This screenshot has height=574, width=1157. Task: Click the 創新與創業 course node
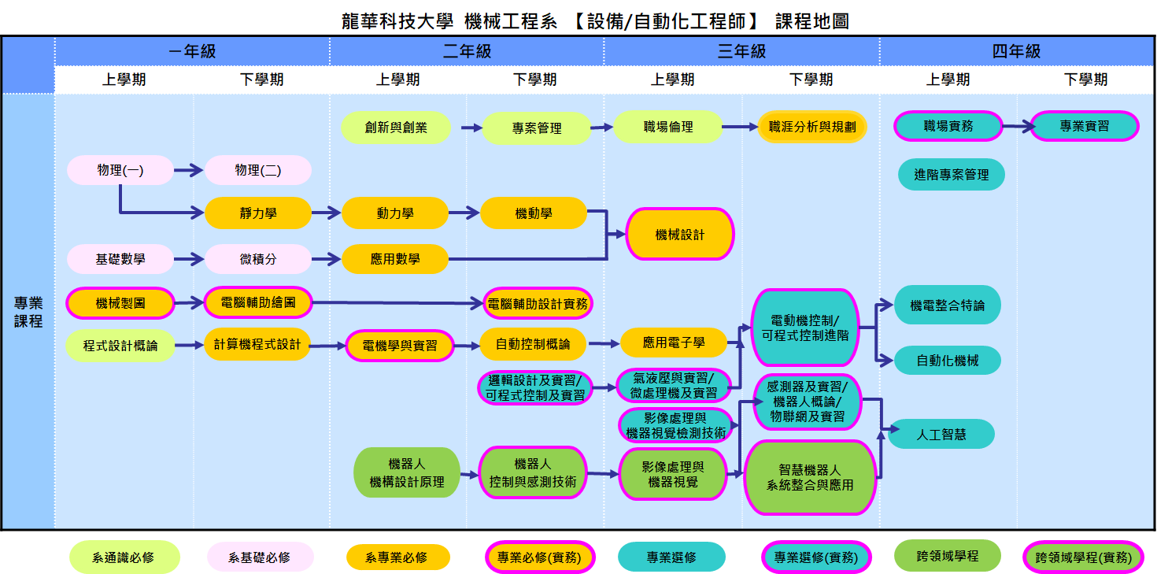coord(396,128)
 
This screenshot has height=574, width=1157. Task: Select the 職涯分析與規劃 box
coord(812,126)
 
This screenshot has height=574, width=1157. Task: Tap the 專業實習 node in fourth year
coord(1085,126)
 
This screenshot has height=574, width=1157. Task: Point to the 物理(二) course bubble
coord(258,170)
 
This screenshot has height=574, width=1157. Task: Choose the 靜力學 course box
coord(258,213)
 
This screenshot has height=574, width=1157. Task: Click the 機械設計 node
coord(680,235)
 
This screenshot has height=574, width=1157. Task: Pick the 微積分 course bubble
coord(258,259)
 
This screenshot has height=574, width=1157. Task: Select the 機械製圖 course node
coord(120,303)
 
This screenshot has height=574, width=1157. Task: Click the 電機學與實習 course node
coord(400,345)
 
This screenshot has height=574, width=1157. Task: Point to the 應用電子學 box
coord(674,343)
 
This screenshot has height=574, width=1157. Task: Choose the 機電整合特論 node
coord(948,306)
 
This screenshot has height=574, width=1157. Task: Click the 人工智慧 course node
coord(942,434)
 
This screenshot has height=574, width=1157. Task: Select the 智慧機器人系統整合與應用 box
coord(810,477)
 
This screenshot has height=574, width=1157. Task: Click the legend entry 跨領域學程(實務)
coord(1082,557)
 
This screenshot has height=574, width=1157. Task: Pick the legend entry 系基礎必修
coord(260,557)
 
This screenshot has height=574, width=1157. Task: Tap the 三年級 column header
coord(741,52)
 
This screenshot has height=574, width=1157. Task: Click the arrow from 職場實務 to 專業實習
coord(1016,125)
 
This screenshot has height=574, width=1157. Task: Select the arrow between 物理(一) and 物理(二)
coord(189,169)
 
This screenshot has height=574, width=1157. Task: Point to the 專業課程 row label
coord(28,312)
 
